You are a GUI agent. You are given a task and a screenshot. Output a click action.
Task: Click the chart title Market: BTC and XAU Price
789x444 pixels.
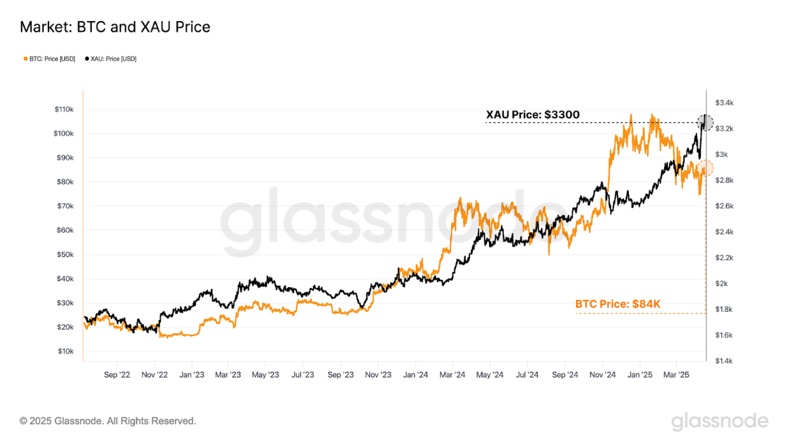click(x=115, y=27)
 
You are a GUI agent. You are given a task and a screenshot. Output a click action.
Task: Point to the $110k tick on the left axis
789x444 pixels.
click(x=64, y=109)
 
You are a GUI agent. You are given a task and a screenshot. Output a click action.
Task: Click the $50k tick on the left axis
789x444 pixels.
click(x=65, y=255)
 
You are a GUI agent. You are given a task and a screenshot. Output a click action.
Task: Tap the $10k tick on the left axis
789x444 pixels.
click(x=65, y=351)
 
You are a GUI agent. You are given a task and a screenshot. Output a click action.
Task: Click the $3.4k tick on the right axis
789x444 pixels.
click(x=724, y=102)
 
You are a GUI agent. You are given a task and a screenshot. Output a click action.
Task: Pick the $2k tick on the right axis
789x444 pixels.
click(x=721, y=284)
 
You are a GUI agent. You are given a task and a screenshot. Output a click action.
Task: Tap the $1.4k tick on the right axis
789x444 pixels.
click(x=724, y=361)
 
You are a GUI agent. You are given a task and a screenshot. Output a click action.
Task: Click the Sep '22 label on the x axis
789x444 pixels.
click(x=118, y=375)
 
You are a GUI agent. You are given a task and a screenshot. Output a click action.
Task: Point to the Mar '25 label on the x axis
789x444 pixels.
click(x=677, y=375)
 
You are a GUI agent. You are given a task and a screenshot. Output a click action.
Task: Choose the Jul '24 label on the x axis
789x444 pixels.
click(x=527, y=375)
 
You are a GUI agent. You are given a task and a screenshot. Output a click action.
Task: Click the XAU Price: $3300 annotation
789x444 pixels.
click(x=532, y=115)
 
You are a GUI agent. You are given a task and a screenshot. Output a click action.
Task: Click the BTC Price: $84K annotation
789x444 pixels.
click(x=618, y=304)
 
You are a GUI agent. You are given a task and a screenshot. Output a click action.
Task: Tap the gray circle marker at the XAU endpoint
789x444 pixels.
click(x=705, y=122)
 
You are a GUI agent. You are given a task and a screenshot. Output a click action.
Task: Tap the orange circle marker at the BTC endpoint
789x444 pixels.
click(x=705, y=168)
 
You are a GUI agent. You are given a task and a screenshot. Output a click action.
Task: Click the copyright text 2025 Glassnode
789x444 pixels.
click(x=108, y=421)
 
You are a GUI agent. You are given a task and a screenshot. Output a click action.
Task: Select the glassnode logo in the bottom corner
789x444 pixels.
click(x=719, y=422)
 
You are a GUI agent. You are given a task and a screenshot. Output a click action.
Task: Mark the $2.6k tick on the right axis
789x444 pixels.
click(x=724, y=206)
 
